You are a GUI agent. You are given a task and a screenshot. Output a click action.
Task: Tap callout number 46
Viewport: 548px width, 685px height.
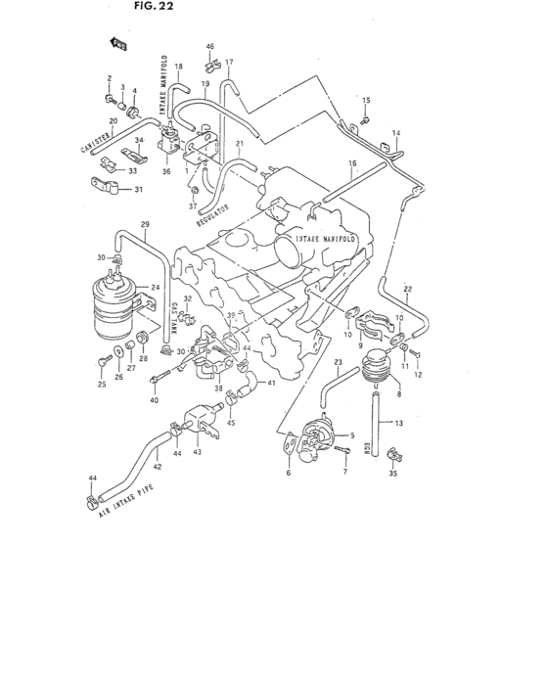(x=209, y=47)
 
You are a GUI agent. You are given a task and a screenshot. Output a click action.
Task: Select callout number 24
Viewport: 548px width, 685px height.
(x=155, y=288)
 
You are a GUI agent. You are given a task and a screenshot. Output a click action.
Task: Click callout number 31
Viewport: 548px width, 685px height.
(x=139, y=189)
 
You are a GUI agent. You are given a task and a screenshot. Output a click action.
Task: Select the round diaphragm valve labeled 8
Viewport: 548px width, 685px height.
(x=371, y=370)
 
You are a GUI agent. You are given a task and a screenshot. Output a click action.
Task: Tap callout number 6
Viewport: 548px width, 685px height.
(x=289, y=474)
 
